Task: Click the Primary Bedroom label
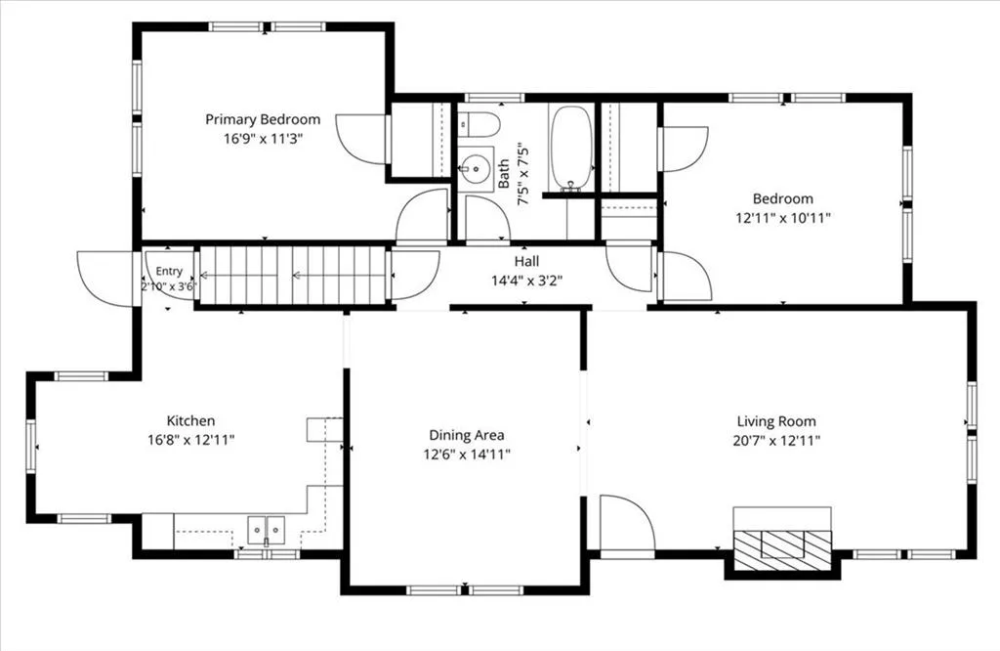[263, 119]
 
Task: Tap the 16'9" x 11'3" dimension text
[263, 139]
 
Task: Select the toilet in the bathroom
[479, 124]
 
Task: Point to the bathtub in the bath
[571, 148]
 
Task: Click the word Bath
[504, 174]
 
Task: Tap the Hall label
[526, 261]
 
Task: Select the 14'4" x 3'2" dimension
[526, 281]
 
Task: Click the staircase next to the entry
[293, 276]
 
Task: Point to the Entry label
[169, 272]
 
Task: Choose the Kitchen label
[190, 420]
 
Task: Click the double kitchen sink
[267, 530]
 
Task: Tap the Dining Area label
[466, 435]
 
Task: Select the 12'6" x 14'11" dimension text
[466, 455]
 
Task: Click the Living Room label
[776, 421]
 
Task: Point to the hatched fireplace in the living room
[782, 550]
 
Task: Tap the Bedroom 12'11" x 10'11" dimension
[783, 218]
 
